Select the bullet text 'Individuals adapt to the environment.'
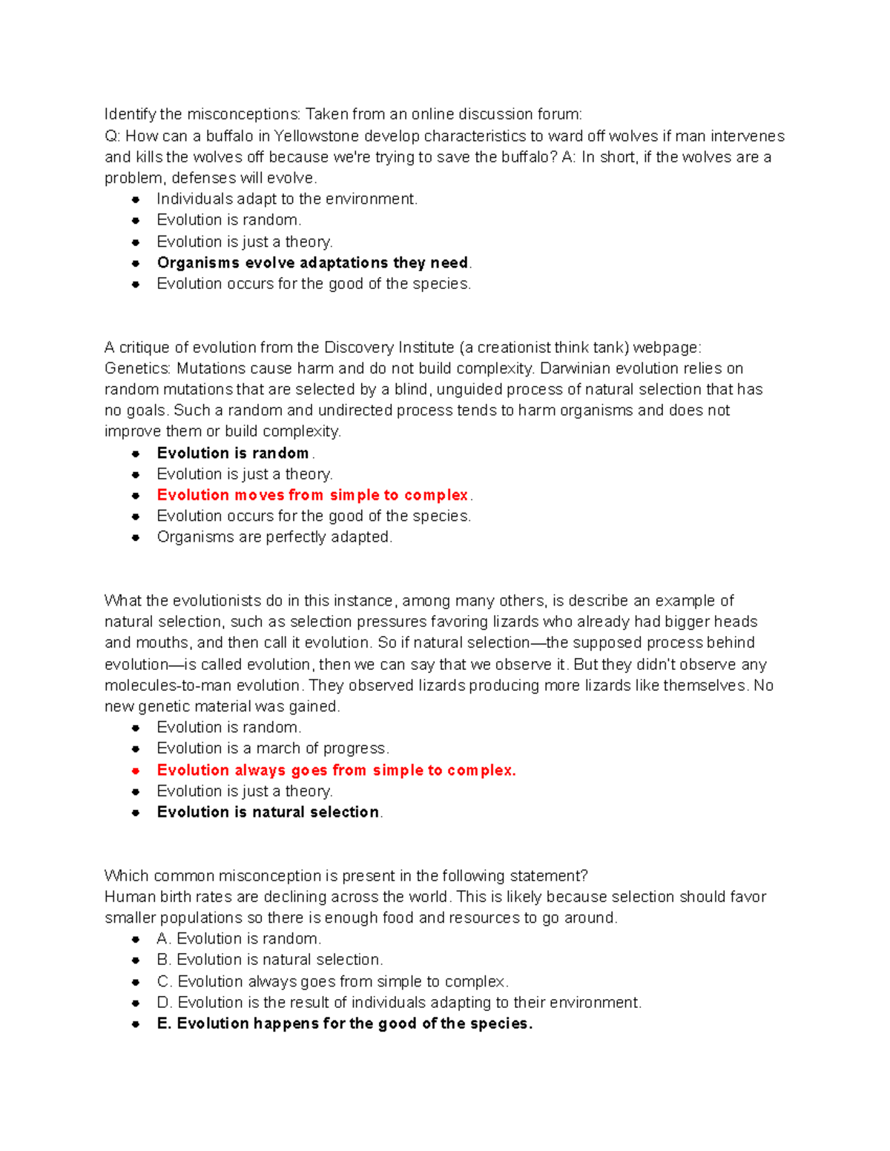pyautogui.click(x=287, y=199)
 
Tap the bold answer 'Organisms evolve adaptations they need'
pyautogui.click(x=312, y=263)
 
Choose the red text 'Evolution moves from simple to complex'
pyautogui.click(x=312, y=495)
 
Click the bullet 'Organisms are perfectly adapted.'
pyautogui.click(x=274, y=537)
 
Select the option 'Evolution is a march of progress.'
pyautogui.click(x=272, y=749)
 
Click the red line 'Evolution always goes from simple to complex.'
pyautogui.click(x=336, y=771)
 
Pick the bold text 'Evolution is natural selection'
pyautogui.click(x=268, y=812)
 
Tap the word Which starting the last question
pyautogui.click(x=127, y=876)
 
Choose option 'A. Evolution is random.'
pyautogui.click(x=239, y=939)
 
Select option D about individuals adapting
pyautogui.click(x=399, y=1003)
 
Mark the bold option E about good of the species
pyautogui.click(x=345, y=1024)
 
